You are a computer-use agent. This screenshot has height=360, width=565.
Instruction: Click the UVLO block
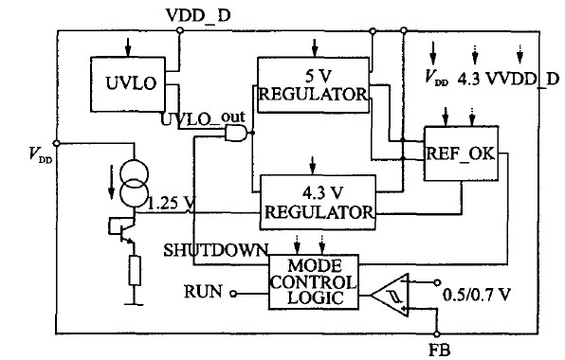[128, 84]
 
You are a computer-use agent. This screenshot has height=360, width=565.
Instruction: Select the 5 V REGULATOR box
[313, 85]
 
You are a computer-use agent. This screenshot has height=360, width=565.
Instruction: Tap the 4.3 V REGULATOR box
[318, 202]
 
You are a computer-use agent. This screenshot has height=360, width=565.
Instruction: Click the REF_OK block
[461, 153]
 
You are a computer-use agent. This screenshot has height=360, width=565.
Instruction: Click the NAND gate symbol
[237, 133]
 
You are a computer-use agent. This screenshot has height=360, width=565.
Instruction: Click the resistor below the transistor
[135, 271]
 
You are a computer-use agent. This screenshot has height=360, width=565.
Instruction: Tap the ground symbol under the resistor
[134, 304]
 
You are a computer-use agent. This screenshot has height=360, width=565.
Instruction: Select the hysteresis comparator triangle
[391, 296]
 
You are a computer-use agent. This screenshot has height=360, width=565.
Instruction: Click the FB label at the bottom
[439, 350]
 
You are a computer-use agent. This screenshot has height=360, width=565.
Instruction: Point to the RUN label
[203, 291]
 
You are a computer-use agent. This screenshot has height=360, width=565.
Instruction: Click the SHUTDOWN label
[216, 250]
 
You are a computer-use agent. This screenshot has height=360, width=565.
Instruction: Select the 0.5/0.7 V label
[476, 296]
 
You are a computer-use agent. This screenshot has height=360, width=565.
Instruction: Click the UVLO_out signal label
[203, 118]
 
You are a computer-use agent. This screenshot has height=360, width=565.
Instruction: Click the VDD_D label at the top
[198, 15]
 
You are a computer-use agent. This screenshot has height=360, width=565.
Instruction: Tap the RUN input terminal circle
[233, 294]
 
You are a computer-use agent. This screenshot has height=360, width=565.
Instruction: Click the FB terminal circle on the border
[437, 334]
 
